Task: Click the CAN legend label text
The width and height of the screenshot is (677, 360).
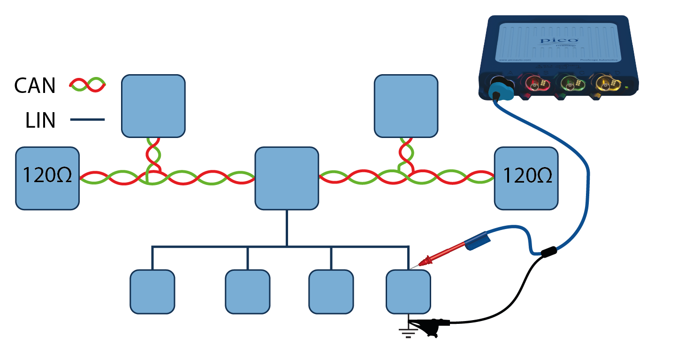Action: pyautogui.click(x=35, y=86)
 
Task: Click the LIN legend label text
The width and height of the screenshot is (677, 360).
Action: pyautogui.click(x=40, y=121)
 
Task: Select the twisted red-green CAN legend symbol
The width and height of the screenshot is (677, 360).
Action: pyautogui.click(x=88, y=84)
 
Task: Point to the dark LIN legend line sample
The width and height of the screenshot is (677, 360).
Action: pyautogui.click(x=87, y=121)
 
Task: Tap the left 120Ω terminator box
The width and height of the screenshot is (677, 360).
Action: pyautogui.click(x=47, y=178)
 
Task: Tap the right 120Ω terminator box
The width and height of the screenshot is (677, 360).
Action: pyautogui.click(x=526, y=178)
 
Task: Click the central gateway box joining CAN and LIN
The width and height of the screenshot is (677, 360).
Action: pyautogui.click(x=287, y=178)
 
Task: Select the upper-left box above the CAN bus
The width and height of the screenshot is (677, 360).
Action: pyautogui.click(x=153, y=106)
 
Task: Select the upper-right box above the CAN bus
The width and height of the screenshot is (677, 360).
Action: pyautogui.click(x=406, y=106)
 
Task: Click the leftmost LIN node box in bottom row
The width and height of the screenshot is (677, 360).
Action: pyautogui.click(x=152, y=291)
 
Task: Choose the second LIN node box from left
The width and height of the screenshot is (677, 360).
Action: pyautogui.click(x=248, y=291)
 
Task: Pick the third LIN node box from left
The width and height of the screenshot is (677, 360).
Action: pyautogui.click(x=331, y=291)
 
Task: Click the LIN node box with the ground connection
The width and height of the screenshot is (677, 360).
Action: pyautogui.click(x=408, y=291)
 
